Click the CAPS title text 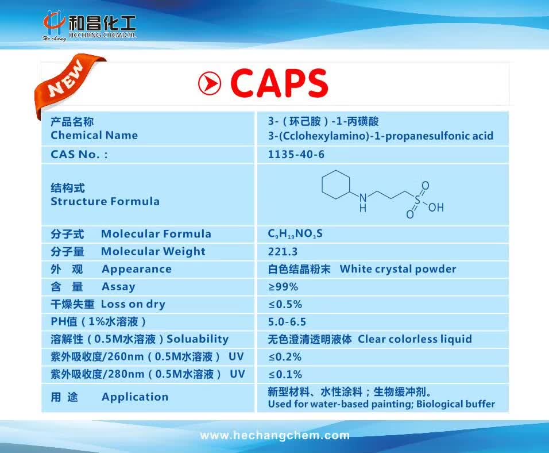[x=279, y=83]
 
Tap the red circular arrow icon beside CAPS [x=210, y=84]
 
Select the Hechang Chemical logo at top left [x=90, y=26]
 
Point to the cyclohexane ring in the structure [x=335, y=186]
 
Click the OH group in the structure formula [x=436, y=207]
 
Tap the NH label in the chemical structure [x=363, y=203]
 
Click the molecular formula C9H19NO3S [x=295, y=235]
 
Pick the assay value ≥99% [x=283, y=287]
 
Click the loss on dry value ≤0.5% [x=285, y=305]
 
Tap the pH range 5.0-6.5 [x=287, y=322]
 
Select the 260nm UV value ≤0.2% [x=285, y=357]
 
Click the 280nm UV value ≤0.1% [x=285, y=375]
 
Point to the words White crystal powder [x=398, y=269]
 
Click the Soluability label [x=198, y=339]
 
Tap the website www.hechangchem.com [x=274, y=436]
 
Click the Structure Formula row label [x=105, y=201]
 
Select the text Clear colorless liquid [x=415, y=339]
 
